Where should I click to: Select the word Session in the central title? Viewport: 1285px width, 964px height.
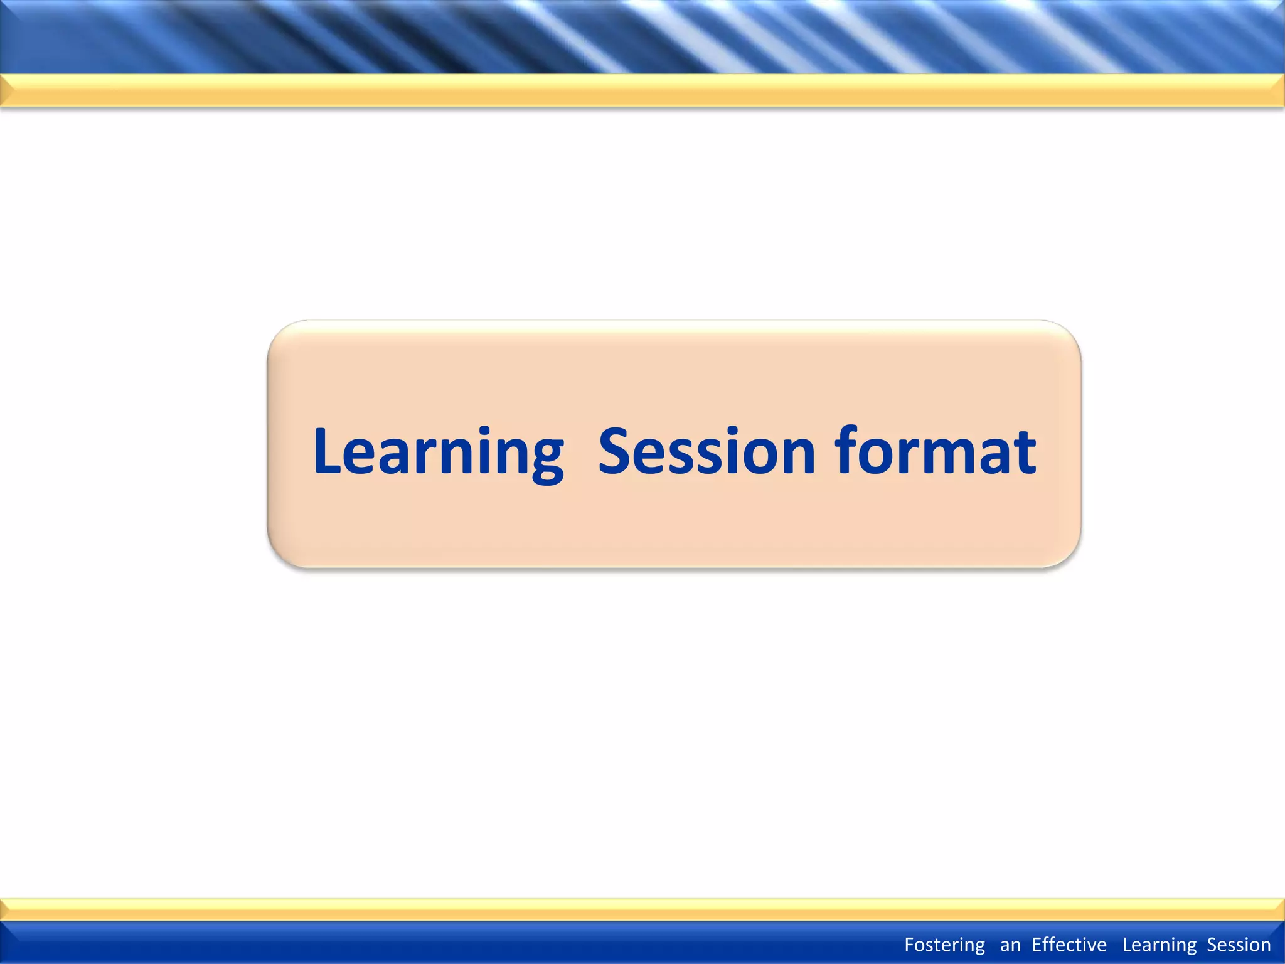coord(706,452)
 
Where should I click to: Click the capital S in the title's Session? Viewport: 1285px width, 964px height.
coord(617,452)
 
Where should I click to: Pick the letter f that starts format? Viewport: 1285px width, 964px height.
coord(847,449)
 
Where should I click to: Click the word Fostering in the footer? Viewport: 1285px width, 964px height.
coord(944,945)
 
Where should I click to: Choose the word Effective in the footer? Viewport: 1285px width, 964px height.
coord(1069,945)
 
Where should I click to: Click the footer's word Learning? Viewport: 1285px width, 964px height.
coord(1160,945)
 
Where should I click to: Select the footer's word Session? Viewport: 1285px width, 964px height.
coord(1239,945)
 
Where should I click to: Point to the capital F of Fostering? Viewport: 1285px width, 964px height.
coord(909,945)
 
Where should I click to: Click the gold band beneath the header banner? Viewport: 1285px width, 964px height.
coord(642,91)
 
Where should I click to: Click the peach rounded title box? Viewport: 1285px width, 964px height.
coord(674,533)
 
